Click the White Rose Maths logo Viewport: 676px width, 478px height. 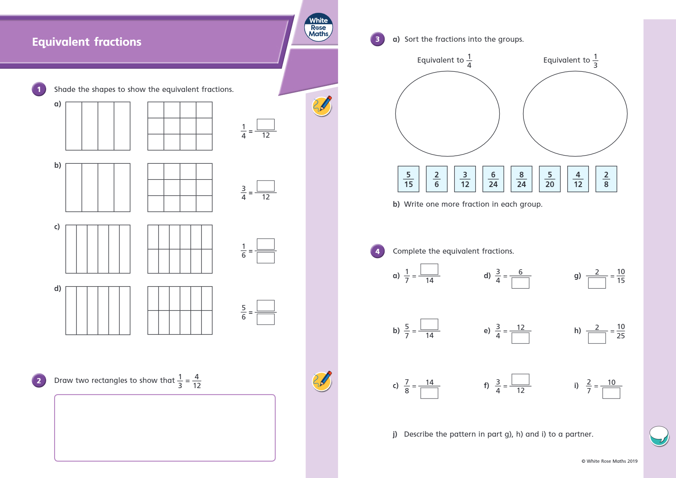tap(318, 27)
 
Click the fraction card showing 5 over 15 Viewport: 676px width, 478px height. tap(408, 179)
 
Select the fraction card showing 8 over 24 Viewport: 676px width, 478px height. tap(521, 179)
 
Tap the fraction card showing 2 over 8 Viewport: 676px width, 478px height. tap(606, 179)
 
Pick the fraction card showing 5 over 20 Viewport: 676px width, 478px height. tap(550, 179)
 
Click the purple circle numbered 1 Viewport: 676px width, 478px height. tap(39, 89)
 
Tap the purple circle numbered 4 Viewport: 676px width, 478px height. tap(377, 251)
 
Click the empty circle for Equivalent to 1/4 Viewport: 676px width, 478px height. tap(447, 114)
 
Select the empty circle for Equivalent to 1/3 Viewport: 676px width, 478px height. tap(575, 114)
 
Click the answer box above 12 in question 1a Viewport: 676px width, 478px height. tap(265, 124)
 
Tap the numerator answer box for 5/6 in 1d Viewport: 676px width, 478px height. tap(265, 305)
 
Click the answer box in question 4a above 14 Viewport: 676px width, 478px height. tap(429, 269)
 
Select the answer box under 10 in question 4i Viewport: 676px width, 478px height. tap(611, 393)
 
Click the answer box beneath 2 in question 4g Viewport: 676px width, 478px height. tap(597, 283)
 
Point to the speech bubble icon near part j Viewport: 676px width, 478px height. tap(659, 435)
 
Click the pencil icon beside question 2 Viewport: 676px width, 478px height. tap(322, 381)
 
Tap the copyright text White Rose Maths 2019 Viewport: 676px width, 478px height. tap(609, 461)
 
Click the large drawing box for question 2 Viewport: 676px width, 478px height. tap(165, 428)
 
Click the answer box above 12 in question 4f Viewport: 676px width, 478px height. tap(520, 379)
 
